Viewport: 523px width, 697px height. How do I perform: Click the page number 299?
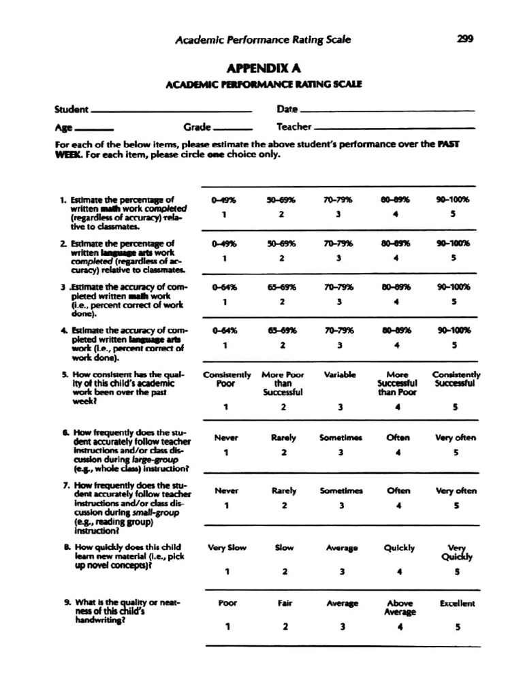pyautogui.click(x=465, y=39)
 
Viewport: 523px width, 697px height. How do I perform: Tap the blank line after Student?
pyautogui.click(x=171, y=111)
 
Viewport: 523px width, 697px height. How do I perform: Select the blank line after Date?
pyautogui.click(x=387, y=111)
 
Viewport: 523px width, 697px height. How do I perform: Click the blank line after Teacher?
pyautogui.click(x=395, y=128)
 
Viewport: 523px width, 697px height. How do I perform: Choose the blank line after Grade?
pyautogui.click(x=233, y=129)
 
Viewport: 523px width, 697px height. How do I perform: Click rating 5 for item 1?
pyautogui.click(x=453, y=214)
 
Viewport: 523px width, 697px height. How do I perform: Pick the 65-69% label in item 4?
pyautogui.click(x=282, y=331)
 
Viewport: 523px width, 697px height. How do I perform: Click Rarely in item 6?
pyautogui.click(x=283, y=438)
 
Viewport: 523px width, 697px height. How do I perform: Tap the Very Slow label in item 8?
pyautogui.click(x=227, y=547)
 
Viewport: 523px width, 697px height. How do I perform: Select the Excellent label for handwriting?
pyautogui.click(x=457, y=603)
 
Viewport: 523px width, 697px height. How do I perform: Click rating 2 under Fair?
pyautogui.click(x=285, y=627)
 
